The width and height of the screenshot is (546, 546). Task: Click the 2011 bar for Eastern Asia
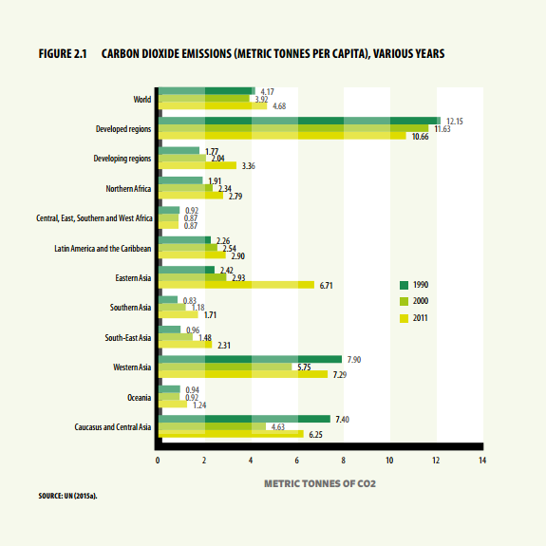(x=236, y=285)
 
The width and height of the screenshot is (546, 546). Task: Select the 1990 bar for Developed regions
(x=299, y=121)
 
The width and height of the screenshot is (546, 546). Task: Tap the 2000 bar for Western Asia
(x=225, y=367)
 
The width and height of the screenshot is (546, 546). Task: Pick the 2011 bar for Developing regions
(x=198, y=165)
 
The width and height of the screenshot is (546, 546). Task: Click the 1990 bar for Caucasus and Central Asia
(x=244, y=419)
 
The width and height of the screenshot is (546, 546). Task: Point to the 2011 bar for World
(x=213, y=105)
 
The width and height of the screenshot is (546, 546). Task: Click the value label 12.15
(x=455, y=122)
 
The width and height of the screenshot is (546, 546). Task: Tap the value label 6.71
(x=326, y=286)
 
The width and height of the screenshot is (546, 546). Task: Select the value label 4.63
(x=278, y=426)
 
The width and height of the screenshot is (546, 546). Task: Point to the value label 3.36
(x=248, y=166)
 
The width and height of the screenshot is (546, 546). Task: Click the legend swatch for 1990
(x=404, y=285)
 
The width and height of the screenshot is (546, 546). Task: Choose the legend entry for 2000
(x=414, y=301)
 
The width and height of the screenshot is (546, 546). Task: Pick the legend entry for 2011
(x=414, y=318)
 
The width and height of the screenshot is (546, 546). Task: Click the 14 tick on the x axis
(x=482, y=461)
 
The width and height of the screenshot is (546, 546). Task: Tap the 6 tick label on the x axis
(x=296, y=461)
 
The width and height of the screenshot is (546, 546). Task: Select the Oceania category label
(x=139, y=397)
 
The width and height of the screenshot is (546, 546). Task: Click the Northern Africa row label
(x=128, y=188)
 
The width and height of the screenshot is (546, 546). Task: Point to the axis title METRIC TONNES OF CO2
(x=320, y=483)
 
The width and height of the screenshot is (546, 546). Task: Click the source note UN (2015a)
(x=81, y=496)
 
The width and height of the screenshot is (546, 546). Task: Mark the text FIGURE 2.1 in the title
(x=63, y=53)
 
